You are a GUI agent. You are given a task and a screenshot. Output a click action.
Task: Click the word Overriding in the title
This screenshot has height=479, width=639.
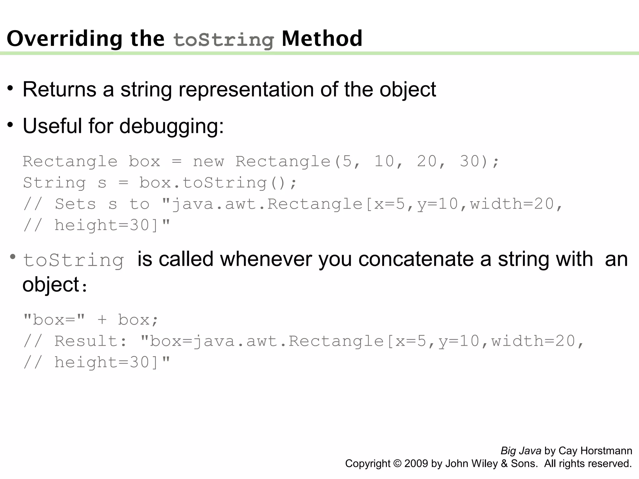tap(64, 39)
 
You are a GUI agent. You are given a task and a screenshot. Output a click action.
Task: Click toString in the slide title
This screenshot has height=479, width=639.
tap(223, 40)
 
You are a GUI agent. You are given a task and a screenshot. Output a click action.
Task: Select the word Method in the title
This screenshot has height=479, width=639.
tap(322, 39)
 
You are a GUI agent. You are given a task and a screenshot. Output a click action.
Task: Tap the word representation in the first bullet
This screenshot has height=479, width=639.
tap(246, 90)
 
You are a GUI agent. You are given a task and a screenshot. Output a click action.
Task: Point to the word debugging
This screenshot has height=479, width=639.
tap(171, 126)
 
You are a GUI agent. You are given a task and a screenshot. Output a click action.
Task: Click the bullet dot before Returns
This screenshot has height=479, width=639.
tap(11, 89)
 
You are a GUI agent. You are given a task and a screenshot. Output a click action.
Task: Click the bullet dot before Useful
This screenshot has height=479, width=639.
tap(11, 125)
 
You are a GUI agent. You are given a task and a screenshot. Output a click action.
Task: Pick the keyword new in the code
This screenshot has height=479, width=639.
tap(208, 162)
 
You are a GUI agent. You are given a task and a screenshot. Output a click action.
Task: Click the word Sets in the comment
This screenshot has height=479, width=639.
tap(75, 204)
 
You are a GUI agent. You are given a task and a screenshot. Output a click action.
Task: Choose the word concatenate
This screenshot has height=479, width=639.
tap(416, 259)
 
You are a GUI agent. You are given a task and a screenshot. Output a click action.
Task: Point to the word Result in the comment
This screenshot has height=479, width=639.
tap(86, 341)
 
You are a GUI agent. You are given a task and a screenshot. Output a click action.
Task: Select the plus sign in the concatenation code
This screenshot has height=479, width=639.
tap(102, 320)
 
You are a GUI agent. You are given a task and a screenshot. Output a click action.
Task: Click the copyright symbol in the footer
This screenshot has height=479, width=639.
tap(397, 464)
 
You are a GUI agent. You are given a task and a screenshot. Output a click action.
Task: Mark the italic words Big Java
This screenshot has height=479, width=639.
tap(521, 451)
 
